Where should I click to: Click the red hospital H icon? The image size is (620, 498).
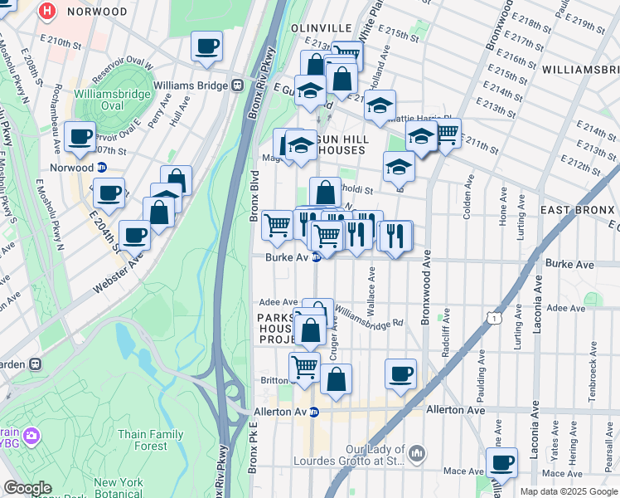tap(47, 12)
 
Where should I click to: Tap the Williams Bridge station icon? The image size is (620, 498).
tap(237, 84)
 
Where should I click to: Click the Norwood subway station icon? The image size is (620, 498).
tap(102, 167)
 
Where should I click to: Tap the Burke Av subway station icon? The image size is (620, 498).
tap(316, 257)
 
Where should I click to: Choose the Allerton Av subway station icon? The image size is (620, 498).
tap(314, 412)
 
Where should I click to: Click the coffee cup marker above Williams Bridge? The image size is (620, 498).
tap(206, 46)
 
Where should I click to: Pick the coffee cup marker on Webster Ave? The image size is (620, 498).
tap(134, 235)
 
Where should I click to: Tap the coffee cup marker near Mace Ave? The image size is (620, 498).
tap(501, 462)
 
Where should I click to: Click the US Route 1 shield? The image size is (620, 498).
tap(493, 318)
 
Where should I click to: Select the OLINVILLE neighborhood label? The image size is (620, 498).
tap(322, 27)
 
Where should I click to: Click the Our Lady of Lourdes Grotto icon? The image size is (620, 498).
tap(417, 453)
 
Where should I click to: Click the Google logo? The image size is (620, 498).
tap(27, 488)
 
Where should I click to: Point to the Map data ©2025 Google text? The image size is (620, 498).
tap(568, 491)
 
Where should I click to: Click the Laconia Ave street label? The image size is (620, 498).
tap(537, 307)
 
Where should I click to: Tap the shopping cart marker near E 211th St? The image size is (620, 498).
tap(447, 132)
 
